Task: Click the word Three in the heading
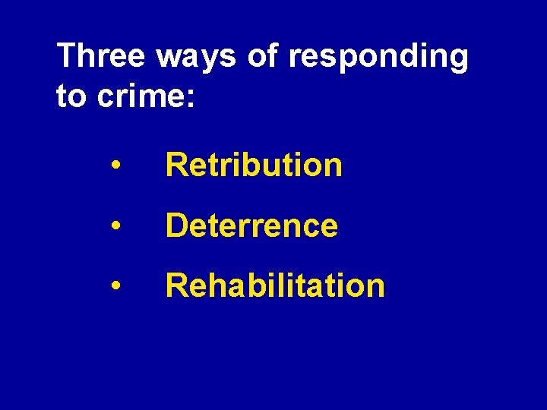tap(103, 57)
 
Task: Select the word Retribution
tap(254, 165)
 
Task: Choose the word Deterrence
tap(251, 225)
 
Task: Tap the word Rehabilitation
tap(275, 286)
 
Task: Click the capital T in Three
tap(68, 57)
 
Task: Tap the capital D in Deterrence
tap(176, 225)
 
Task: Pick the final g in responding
tap(457, 61)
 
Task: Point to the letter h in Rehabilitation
tap(213, 286)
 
